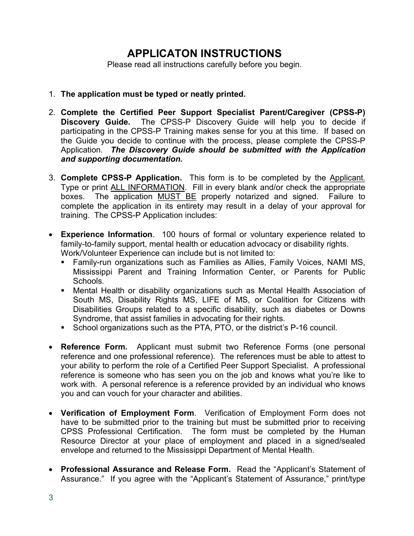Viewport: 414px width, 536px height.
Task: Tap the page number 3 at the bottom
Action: tap(51, 498)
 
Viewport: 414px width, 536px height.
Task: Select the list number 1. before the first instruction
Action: tap(52, 94)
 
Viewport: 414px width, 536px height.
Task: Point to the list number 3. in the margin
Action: tap(52, 178)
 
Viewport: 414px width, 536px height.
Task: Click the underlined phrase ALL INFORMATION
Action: tap(147, 187)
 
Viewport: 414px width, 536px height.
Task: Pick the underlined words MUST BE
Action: tap(176, 197)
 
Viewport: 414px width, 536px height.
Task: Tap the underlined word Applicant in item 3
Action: tap(347, 178)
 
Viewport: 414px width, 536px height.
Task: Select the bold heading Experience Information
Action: tap(107, 234)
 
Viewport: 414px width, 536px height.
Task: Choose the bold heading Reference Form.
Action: tap(94, 347)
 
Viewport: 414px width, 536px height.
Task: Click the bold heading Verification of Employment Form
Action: tap(127, 413)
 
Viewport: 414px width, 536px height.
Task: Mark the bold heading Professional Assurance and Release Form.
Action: tap(146, 469)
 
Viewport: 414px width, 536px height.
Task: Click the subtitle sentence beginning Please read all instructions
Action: tap(204, 64)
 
